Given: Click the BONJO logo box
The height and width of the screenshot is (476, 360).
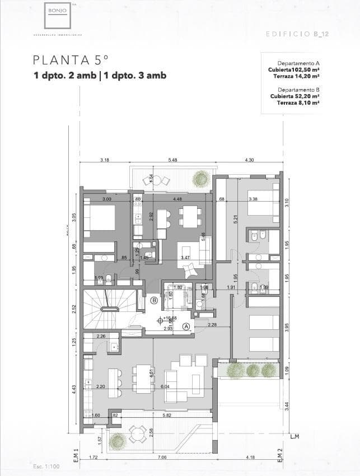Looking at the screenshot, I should pyautogui.click(x=57, y=15).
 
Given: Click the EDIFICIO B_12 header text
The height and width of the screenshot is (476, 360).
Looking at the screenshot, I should pyautogui.click(x=297, y=34).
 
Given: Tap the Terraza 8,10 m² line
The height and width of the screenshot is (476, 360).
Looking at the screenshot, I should pyautogui.click(x=297, y=102).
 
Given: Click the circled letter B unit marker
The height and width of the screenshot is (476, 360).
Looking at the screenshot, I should pyautogui.click(x=154, y=301).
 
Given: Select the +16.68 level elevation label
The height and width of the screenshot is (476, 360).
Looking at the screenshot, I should pyautogui.click(x=170, y=318).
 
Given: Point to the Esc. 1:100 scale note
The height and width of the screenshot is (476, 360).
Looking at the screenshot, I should pyautogui.click(x=46, y=466).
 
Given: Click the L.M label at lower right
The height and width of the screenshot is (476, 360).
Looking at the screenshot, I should pyautogui.click(x=296, y=437).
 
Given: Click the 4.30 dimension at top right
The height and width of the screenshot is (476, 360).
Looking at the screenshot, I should pyautogui.click(x=249, y=160).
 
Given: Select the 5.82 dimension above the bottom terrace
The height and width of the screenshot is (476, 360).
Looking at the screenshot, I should pyautogui.click(x=166, y=415).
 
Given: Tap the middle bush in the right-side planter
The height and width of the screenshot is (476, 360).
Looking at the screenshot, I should pyautogui.click(x=253, y=370).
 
